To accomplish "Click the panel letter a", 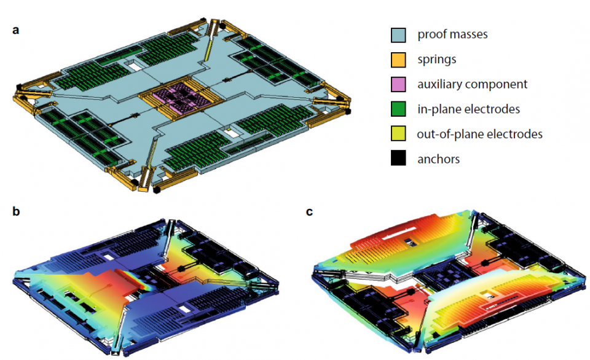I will tap(16, 29).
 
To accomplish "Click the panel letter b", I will tap(16, 212).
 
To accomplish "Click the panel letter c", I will tap(309, 212).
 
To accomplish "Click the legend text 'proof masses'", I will tap(452, 35).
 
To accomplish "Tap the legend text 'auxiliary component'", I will tap(473, 84).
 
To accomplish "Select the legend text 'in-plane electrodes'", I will tap(469, 109).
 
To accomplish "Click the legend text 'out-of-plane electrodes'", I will tap(480, 135).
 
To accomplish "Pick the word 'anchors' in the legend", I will tap(439, 159).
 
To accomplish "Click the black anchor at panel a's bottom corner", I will tap(156, 190).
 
